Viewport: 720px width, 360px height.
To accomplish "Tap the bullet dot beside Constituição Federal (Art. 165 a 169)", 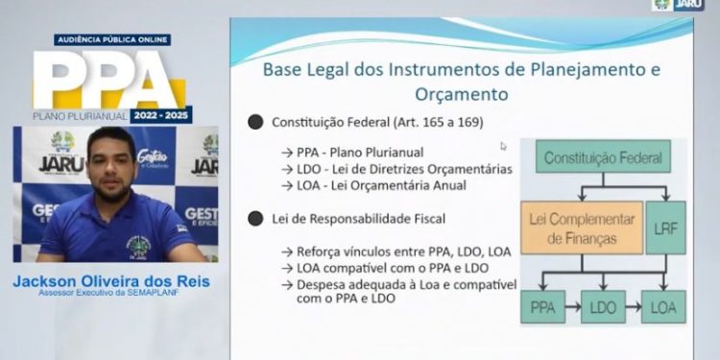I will [254, 123].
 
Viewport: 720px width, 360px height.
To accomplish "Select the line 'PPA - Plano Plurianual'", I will [348, 151].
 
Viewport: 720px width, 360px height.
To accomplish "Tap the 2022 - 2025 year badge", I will [161, 115].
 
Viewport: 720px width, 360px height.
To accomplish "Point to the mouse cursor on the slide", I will [503, 147].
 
